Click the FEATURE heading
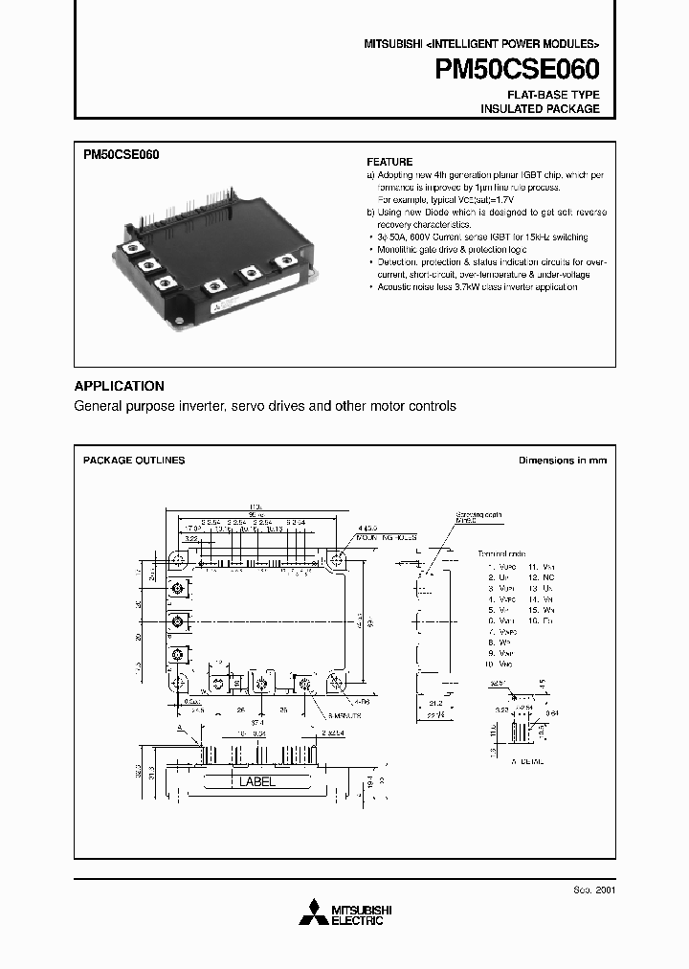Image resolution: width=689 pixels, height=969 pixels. coord(389,162)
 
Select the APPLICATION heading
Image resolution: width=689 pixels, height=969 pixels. coord(119,386)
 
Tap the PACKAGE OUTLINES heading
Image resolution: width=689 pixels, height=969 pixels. coord(134,461)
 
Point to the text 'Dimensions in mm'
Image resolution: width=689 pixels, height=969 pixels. coord(562,461)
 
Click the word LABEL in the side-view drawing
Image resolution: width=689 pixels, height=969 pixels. coord(256,781)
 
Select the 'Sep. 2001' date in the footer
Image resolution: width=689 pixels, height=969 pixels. coord(593,890)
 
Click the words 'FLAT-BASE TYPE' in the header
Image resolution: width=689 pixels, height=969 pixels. coord(553,95)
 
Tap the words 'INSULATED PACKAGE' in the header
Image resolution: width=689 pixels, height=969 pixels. coord(540,109)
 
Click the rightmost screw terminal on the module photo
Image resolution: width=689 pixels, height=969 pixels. coord(284,259)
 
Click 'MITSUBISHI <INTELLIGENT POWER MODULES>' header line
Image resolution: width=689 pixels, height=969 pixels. coord(481,45)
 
